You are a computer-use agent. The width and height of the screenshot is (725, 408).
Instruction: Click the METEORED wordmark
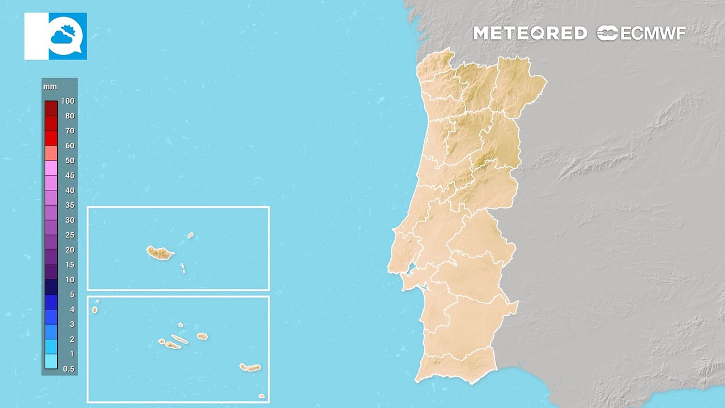[x=530, y=33]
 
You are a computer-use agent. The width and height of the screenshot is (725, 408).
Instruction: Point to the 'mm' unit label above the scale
[x=47, y=87]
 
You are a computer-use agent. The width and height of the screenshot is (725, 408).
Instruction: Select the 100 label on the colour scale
[x=67, y=101]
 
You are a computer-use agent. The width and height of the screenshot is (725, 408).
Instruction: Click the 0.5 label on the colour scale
[x=69, y=369]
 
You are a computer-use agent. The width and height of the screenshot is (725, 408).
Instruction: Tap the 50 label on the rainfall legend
[x=69, y=160]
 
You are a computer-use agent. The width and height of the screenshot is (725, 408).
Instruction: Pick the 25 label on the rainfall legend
[x=69, y=235]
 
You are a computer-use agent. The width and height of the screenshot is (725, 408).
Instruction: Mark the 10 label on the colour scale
[x=69, y=279]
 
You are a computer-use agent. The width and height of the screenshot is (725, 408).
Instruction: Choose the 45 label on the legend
[x=69, y=176]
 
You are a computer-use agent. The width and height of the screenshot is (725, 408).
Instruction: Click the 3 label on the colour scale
[x=71, y=324]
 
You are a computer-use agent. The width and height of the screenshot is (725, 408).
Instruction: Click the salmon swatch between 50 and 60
[x=51, y=153]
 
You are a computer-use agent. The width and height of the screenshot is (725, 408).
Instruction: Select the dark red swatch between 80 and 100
[x=51, y=108]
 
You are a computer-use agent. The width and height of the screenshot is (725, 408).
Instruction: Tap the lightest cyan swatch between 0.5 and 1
[x=51, y=362]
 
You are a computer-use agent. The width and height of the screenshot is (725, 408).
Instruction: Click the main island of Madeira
[x=159, y=253]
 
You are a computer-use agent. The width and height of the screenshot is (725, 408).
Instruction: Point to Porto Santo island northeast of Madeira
[x=191, y=235]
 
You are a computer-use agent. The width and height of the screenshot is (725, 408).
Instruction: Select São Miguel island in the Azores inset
[x=250, y=368]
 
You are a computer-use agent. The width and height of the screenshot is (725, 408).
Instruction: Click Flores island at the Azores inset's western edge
[x=95, y=310]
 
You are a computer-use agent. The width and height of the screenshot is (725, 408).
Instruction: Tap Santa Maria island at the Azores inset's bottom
[x=261, y=396]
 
